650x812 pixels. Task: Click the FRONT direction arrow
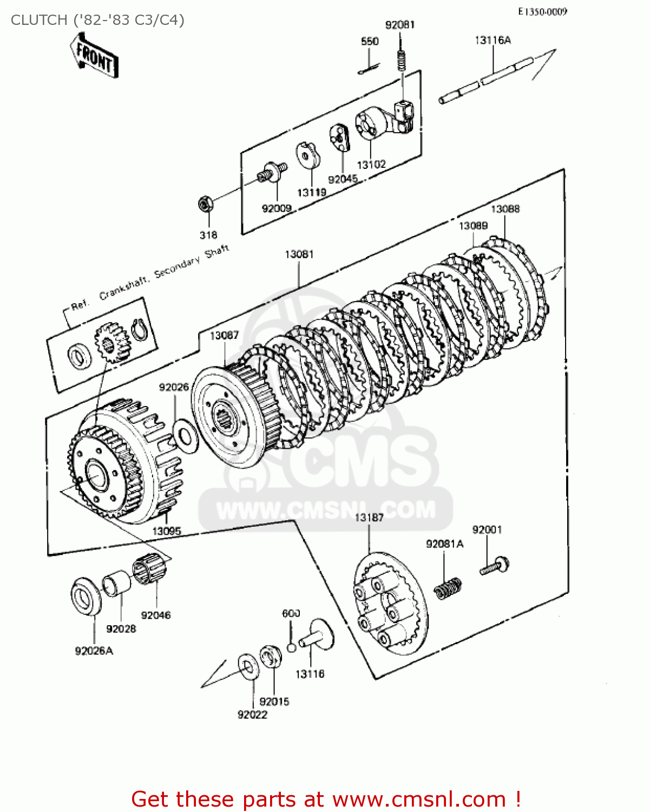click(94, 56)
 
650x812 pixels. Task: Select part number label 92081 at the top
click(400, 25)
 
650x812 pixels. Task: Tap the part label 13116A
click(493, 40)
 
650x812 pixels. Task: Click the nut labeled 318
click(205, 204)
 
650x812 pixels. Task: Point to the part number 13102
click(371, 165)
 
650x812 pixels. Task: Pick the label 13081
click(299, 254)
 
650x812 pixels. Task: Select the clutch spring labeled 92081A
click(449, 588)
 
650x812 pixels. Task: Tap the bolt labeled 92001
click(494, 566)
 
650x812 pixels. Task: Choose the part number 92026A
click(94, 651)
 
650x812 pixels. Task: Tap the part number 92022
click(252, 715)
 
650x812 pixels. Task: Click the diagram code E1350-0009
click(542, 11)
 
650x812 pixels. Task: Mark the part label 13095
click(166, 531)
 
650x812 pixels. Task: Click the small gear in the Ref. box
click(111, 344)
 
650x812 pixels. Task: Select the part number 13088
click(505, 209)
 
